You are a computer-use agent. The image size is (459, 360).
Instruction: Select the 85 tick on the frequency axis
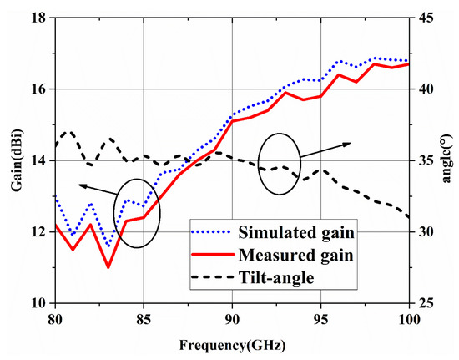(144, 317)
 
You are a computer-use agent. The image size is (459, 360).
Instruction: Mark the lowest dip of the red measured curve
(108, 267)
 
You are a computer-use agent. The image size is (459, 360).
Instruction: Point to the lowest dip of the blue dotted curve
(108, 246)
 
